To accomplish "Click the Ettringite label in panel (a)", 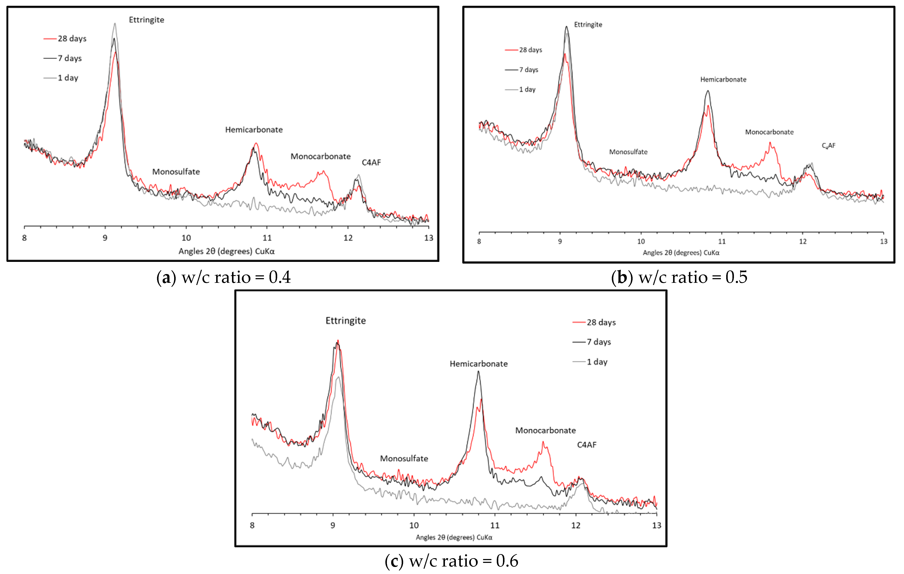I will [x=146, y=20].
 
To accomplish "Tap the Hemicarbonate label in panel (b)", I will [x=723, y=80].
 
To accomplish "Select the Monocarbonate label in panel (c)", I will [x=545, y=430].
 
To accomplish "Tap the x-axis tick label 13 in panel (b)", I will [x=884, y=242].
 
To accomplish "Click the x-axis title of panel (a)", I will [x=226, y=251].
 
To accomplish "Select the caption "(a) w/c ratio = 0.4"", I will [x=223, y=277].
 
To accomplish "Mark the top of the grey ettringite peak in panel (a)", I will [x=115, y=24].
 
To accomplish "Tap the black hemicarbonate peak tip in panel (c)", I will [x=478, y=372].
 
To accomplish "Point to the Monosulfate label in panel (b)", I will [x=628, y=152].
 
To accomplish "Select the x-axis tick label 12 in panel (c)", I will [x=576, y=525].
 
